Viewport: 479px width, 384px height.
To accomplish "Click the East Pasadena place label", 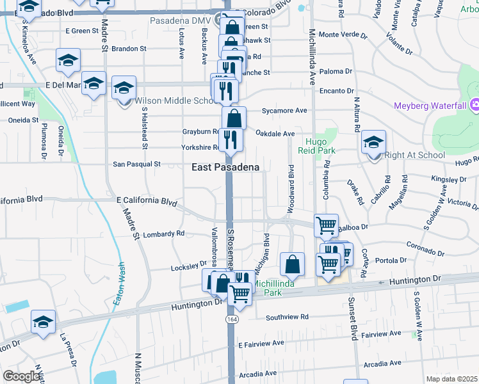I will (225, 167).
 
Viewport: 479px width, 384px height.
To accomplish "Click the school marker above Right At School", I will (373, 143).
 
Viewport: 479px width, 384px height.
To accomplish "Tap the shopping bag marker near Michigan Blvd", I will (292, 264).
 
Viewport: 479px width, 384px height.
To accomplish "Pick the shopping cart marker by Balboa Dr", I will (327, 226).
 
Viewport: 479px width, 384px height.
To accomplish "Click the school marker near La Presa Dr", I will (43, 323).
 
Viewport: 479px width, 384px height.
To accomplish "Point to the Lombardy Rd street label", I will (163, 234).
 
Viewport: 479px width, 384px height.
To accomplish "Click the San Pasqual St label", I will (136, 164).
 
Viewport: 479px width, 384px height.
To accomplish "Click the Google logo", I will (21, 376).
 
